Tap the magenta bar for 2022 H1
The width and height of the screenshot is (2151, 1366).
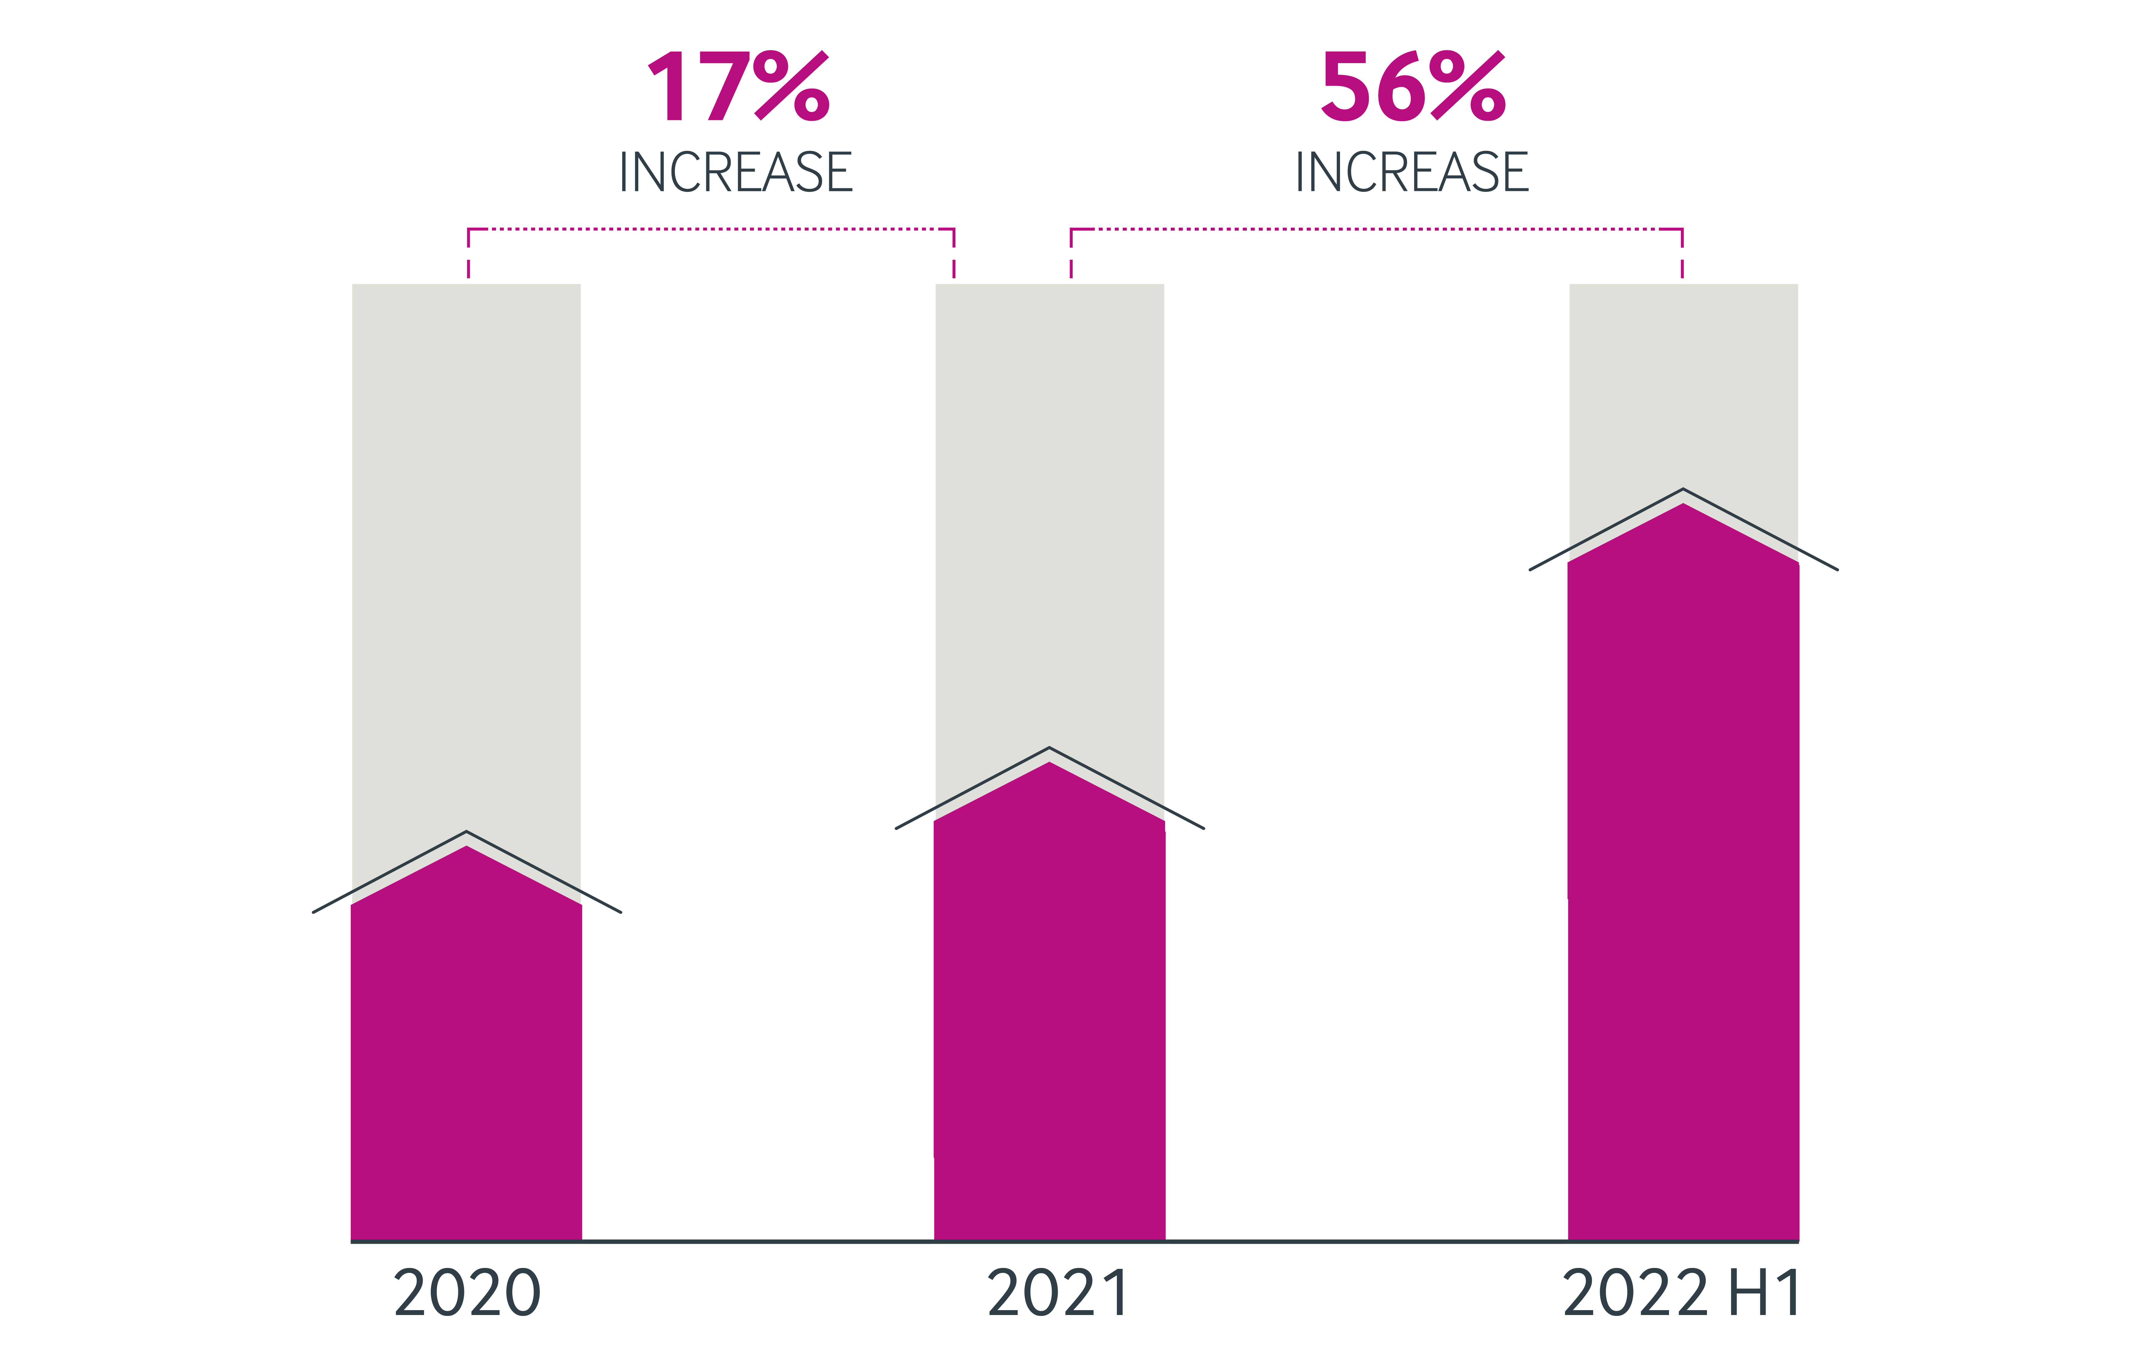pos(1683,893)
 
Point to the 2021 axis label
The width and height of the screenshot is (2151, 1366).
pos(1058,1294)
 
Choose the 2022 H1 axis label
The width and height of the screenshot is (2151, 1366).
pos(1681,1294)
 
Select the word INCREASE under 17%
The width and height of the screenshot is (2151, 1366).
pos(736,172)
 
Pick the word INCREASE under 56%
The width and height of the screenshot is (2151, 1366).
pos(1412,172)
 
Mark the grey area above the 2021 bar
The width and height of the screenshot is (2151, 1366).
pos(1050,509)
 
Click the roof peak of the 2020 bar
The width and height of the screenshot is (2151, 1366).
pos(466,834)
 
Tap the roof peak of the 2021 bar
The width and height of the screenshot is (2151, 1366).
pos(1050,749)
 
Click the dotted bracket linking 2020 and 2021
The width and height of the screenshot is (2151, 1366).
pos(711,229)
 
